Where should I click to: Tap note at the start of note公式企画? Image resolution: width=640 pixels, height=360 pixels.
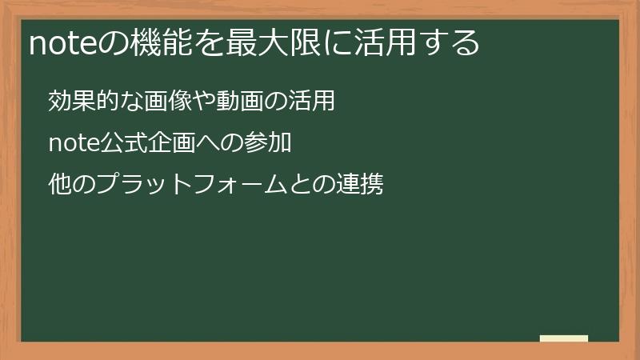coord(73,144)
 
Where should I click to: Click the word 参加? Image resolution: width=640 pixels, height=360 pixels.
coord(266,144)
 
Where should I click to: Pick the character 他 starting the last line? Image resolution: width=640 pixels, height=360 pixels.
coord(60,186)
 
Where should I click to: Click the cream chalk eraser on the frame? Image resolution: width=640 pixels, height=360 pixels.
coord(564,339)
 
